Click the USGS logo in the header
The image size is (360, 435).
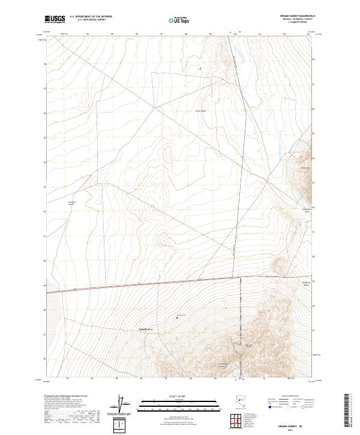tap(55, 19)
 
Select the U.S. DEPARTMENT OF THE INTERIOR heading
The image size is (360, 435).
tap(91, 17)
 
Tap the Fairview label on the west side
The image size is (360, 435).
tap(71, 202)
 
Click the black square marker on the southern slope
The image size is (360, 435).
tap(177, 317)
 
